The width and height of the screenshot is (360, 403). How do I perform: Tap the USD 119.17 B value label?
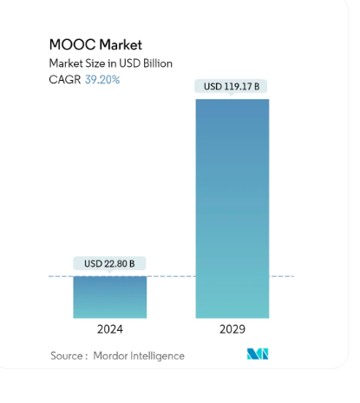click(232, 87)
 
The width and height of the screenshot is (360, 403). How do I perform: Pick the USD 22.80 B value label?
click(109, 263)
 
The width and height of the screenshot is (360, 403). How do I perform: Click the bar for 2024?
click(109, 297)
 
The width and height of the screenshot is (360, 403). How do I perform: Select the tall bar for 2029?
click(232, 208)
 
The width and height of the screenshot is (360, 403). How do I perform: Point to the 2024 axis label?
click(109, 330)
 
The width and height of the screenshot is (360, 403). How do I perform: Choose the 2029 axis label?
click(232, 330)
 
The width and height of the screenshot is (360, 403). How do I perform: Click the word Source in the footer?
click(68, 355)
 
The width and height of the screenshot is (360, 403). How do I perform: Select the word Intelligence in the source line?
click(159, 355)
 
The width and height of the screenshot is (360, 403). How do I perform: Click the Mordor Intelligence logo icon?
click(258, 354)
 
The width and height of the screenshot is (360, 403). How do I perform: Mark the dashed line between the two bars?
click(171, 277)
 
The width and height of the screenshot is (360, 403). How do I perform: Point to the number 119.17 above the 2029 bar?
click(242, 87)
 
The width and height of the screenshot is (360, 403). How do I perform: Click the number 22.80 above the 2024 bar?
click(119, 263)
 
